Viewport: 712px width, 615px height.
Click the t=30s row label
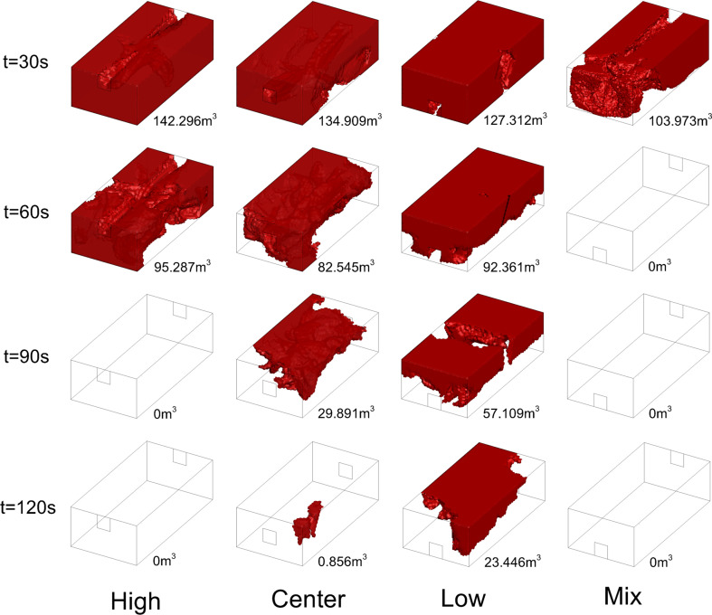coord(25,61)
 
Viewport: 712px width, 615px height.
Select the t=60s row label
coord(26,212)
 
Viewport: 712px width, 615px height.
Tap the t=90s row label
coord(26,356)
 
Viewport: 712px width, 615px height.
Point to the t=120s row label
coord(28,507)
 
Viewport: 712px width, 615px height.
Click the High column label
coord(136,601)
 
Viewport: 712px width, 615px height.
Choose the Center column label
coord(309,599)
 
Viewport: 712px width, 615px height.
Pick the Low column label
coord(463,599)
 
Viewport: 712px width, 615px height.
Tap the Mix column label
coord(622,596)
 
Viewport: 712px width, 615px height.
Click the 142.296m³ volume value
coord(185,120)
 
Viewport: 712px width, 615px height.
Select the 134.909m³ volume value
coord(350,120)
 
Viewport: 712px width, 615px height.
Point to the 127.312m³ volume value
coord(515,119)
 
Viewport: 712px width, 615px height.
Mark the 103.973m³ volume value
coord(679,120)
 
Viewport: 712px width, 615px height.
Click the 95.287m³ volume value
coord(182,267)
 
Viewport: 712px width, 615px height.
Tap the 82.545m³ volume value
coord(346,267)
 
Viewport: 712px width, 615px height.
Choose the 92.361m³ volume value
coord(511,267)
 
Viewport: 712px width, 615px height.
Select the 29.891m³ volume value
coord(346,413)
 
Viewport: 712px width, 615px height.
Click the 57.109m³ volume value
coord(511,413)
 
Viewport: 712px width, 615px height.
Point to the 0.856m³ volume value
coord(342,561)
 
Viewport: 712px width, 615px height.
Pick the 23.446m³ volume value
coord(513,562)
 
